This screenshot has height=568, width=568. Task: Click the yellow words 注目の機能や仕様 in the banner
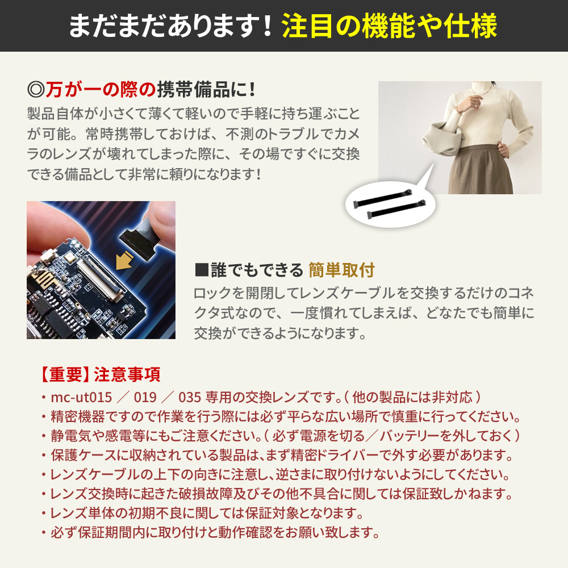pyautogui.click(x=390, y=26)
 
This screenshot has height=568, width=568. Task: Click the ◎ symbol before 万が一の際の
pyautogui.click(x=36, y=90)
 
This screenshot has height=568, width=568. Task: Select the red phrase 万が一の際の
pyautogui.click(x=101, y=90)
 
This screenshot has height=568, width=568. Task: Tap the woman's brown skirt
pyautogui.click(x=480, y=169)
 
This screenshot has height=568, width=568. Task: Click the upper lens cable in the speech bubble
pyautogui.click(x=383, y=198)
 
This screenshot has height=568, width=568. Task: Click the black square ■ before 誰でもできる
pyautogui.click(x=202, y=270)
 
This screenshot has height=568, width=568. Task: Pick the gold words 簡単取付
pyautogui.click(x=341, y=270)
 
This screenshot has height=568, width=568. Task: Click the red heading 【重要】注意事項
pyautogui.click(x=99, y=374)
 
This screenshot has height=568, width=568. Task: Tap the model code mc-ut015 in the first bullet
pyautogui.click(x=81, y=398)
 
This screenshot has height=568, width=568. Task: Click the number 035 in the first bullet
pyautogui.click(x=190, y=398)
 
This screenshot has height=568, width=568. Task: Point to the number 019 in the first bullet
pyautogui.click(x=145, y=398)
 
